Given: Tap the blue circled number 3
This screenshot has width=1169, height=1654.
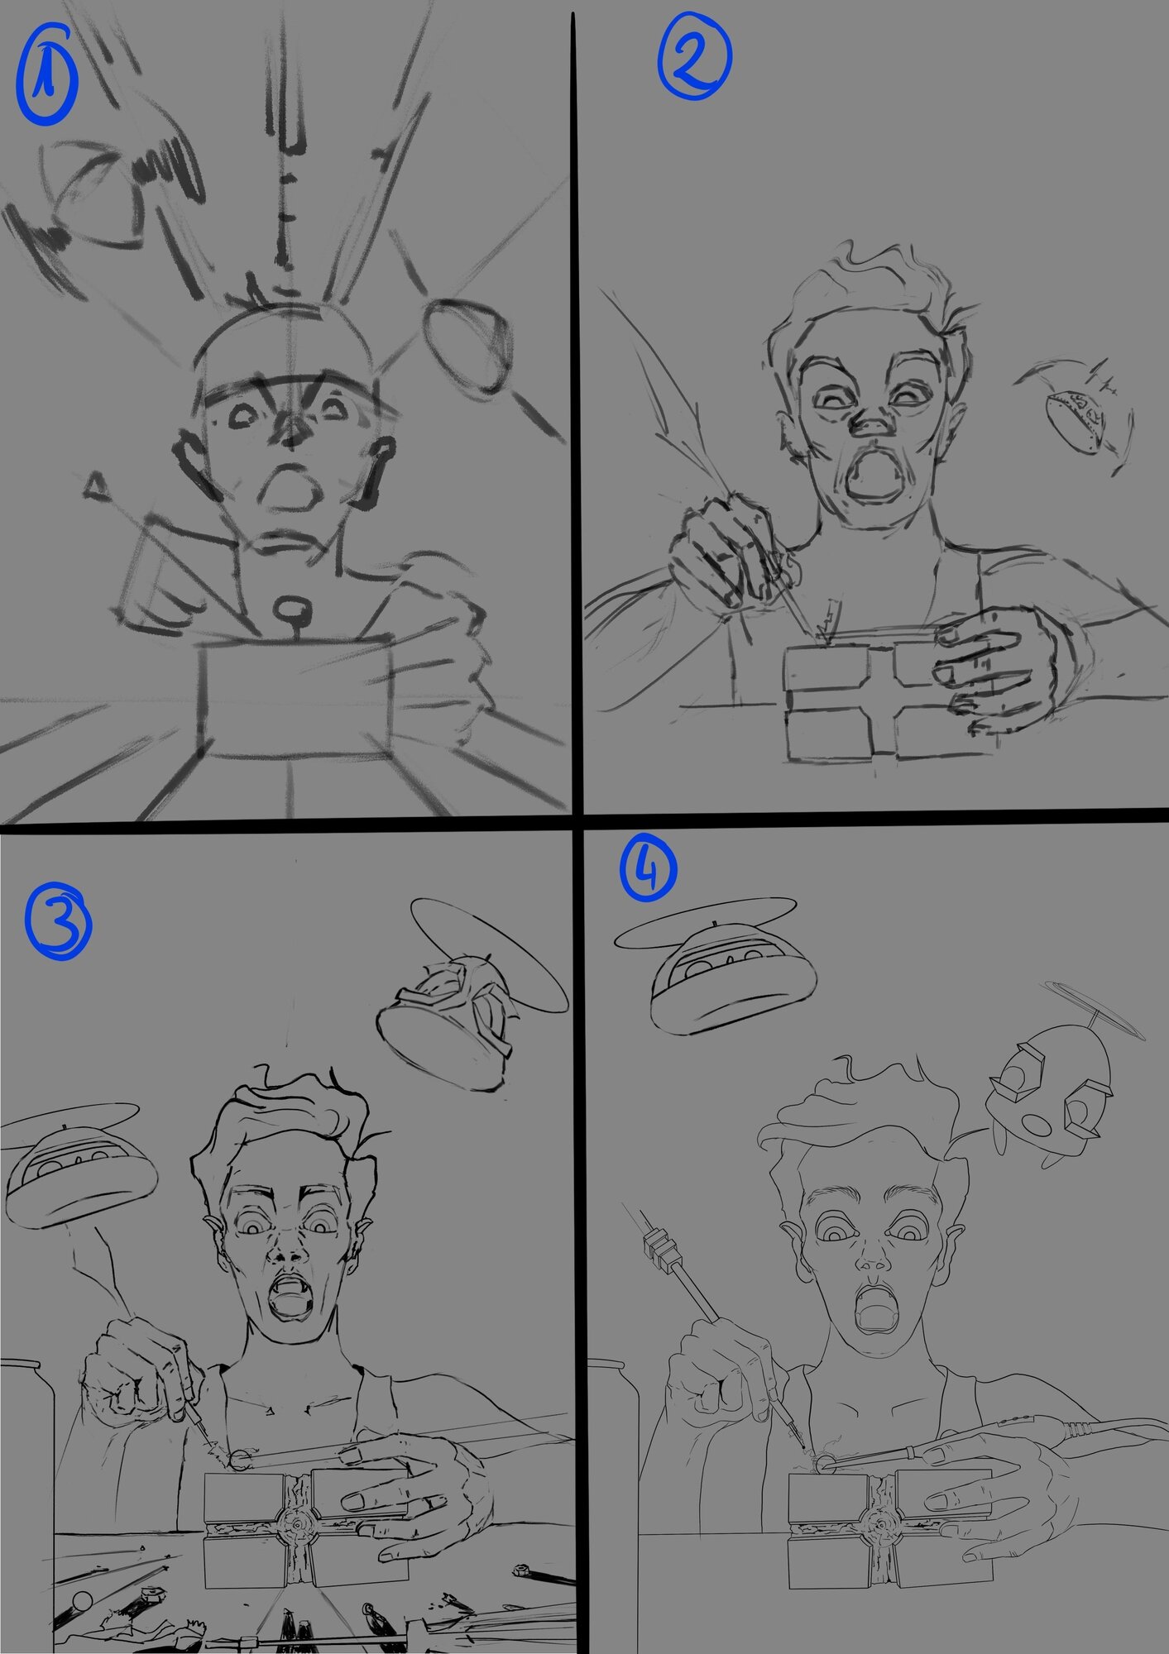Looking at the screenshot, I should click(x=58, y=924).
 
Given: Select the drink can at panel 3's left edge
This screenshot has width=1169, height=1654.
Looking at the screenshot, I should click(x=26, y=1422).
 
